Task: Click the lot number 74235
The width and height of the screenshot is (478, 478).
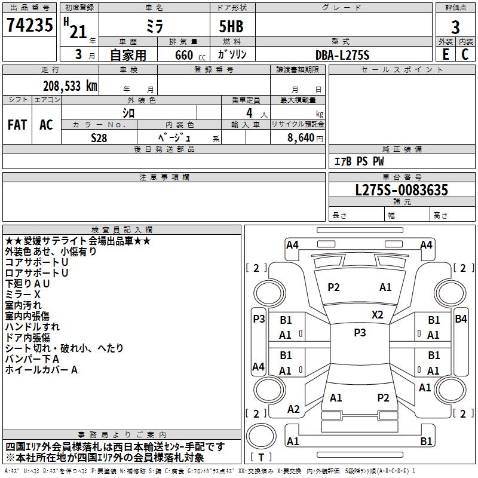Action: pos(29,24)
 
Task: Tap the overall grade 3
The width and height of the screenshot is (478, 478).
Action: pos(455,27)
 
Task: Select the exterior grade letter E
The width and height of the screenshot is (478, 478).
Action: pos(445,54)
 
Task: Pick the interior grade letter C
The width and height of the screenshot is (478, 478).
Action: pos(465,54)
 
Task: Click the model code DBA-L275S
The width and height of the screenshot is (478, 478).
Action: pos(342,55)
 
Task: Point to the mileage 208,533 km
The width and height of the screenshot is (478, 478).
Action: pos(70,86)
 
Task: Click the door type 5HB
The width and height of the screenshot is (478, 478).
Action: pos(231,26)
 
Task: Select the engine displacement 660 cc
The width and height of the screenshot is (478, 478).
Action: pos(190,55)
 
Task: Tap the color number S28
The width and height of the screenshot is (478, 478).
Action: pos(99,138)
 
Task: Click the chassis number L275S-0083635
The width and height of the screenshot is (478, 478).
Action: pos(402,190)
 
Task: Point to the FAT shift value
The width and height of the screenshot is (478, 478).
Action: pos(17,124)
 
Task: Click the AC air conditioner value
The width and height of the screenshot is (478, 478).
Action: pos(46,124)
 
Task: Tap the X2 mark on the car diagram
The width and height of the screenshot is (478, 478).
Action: pos(378,314)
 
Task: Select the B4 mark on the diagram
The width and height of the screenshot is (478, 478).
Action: pos(461,319)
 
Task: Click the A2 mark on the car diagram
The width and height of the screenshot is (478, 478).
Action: pos(293,409)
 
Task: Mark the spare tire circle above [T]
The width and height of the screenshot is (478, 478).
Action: pos(261,436)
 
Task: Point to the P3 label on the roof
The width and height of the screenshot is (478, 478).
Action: pos(360,333)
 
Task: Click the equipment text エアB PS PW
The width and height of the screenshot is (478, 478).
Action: pos(359,161)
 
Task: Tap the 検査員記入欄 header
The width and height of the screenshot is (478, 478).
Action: pos(122,230)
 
